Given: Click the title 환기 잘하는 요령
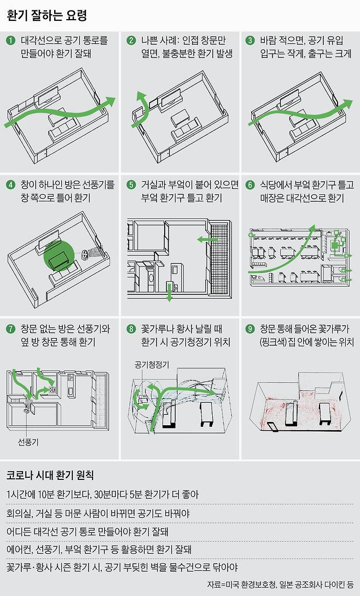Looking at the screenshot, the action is pyautogui.click(x=47, y=15).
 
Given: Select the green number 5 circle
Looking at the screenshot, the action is pyautogui.click(x=131, y=185).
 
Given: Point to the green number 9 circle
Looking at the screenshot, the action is pyautogui.click(x=250, y=329).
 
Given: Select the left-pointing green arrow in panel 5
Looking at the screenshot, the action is pyautogui.click(x=207, y=239).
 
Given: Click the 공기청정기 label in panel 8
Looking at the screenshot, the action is pyautogui.click(x=152, y=364).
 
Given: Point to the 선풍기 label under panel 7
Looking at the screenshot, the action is pyautogui.click(x=28, y=442).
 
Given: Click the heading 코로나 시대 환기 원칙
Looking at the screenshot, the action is pyautogui.click(x=50, y=475).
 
